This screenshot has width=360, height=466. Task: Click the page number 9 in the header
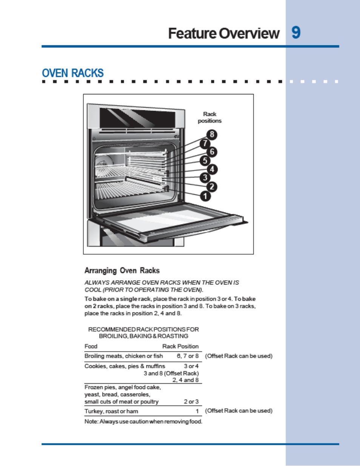click(x=296, y=33)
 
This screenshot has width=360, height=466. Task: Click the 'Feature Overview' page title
click(x=223, y=34)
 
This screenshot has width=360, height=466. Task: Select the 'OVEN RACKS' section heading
click(x=73, y=73)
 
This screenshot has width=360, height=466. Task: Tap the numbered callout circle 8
click(x=212, y=134)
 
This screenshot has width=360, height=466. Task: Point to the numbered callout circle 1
click(x=205, y=196)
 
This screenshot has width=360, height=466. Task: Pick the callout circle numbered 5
click(x=205, y=160)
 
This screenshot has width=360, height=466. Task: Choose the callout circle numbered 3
click(x=205, y=177)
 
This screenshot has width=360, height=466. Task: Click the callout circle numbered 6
click(x=212, y=152)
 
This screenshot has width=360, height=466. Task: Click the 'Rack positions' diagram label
click(x=209, y=117)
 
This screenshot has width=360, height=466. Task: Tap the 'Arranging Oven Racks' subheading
click(x=122, y=271)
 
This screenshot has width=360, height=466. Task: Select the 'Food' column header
click(x=91, y=346)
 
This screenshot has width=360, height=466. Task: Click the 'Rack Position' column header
click(x=180, y=346)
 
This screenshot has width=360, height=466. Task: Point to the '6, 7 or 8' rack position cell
click(x=188, y=356)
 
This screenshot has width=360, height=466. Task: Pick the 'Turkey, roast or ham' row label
click(x=111, y=411)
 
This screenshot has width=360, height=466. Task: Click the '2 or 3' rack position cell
click(x=191, y=401)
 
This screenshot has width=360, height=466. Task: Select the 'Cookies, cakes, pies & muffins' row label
click(x=125, y=366)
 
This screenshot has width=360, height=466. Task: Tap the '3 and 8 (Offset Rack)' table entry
click(x=171, y=373)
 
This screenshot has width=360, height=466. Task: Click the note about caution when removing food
click(x=143, y=421)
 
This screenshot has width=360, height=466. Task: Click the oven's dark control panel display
click(x=137, y=118)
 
